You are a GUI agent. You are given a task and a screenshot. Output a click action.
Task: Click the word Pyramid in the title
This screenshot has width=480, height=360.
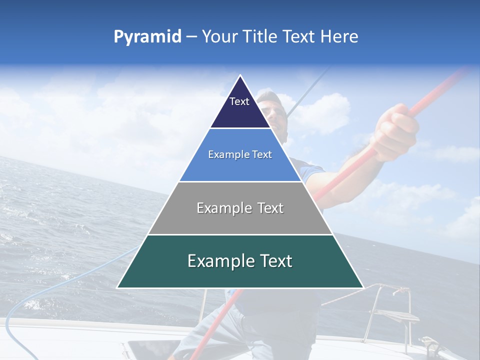[147, 37]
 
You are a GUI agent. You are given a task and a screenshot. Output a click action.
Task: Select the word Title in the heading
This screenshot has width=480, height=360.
[261, 36]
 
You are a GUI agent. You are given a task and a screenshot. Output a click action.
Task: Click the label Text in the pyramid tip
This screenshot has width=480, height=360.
[239, 101]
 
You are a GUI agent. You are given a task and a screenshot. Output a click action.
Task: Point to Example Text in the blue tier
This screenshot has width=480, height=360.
[240, 154]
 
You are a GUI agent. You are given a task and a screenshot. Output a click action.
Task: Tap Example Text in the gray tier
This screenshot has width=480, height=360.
[240, 208]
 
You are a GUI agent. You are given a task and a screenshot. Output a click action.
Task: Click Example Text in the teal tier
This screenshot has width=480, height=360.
[240, 261]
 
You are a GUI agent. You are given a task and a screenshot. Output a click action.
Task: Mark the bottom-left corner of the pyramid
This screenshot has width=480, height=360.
[117, 288]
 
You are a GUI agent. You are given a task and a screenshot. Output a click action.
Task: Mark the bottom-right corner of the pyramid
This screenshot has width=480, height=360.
[363, 288]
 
